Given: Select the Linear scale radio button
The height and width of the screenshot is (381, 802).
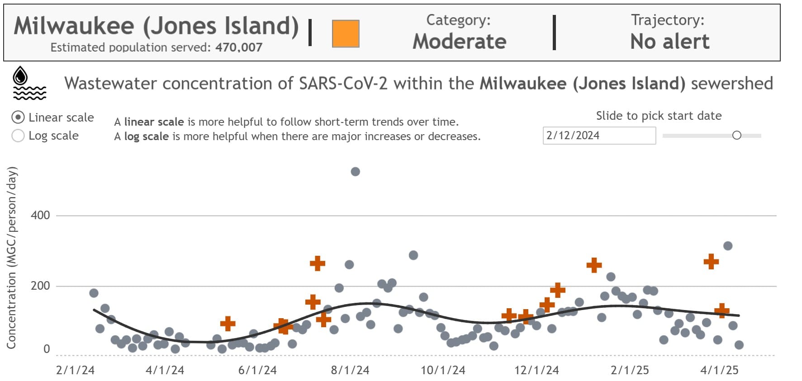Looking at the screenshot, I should [18, 118].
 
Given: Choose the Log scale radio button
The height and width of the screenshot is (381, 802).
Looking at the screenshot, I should [18, 136].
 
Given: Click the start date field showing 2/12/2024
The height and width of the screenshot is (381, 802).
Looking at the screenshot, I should [598, 136].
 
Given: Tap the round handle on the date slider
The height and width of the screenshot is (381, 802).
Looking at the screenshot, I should [736, 135].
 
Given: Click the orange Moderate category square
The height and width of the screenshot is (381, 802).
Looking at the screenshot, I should [346, 33].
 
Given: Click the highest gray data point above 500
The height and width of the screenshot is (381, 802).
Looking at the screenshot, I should [355, 172].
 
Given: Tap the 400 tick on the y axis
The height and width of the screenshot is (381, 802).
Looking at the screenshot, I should [40, 215].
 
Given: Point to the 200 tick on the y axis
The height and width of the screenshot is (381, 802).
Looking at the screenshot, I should [40, 286].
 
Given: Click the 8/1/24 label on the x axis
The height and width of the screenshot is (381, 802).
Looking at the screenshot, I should [350, 370].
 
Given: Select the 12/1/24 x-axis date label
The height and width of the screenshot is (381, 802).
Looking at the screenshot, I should [536, 370].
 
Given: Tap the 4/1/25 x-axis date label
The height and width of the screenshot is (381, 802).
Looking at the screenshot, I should [719, 370].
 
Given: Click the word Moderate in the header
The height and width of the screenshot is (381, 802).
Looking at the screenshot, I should [459, 42].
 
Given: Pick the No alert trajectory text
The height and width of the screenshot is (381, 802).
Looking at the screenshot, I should [669, 42].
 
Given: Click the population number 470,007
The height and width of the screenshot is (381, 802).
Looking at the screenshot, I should [238, 47].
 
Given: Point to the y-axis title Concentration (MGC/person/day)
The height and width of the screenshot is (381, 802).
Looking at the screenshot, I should [12, 258].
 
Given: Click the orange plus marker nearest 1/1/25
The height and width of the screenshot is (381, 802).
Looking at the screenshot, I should [594, 265].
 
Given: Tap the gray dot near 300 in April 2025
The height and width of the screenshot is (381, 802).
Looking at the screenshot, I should [728, 246].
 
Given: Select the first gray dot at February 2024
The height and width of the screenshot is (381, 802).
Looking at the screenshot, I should [94, 293].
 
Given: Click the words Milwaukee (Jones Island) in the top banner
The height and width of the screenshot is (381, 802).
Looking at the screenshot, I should [156, 26].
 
